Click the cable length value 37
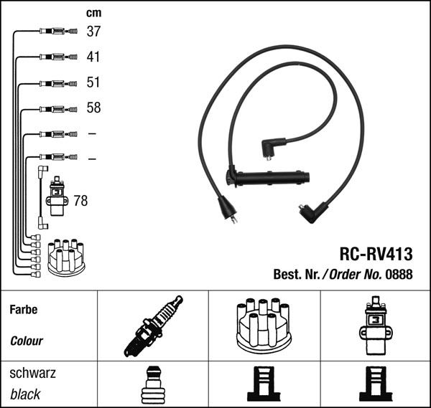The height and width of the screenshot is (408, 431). click(x=93, y=32)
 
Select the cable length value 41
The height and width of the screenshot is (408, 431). click(x=93, y=57)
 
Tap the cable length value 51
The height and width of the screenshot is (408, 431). click(x=93, y=82)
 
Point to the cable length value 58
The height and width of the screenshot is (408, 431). click(x=93, y=108)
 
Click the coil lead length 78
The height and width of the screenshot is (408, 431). click(x=80, y=201)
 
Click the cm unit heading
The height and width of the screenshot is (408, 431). click(x=93, y=13)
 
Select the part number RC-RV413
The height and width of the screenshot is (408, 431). click(x=376, y=254)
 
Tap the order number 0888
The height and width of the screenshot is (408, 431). click(x=399, y=274)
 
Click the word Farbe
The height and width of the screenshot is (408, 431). click(x=24, y=310)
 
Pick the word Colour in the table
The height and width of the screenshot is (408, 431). click(x=27, y=341)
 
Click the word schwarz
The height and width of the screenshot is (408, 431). click(x=33, y=373)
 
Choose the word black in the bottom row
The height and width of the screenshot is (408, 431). click(x=25, y=394)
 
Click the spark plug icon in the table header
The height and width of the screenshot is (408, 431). click(x=154, y=326)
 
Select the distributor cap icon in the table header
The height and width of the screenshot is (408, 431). click(x=264, y=326)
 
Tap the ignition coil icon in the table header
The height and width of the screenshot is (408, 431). click(x=376, y=326)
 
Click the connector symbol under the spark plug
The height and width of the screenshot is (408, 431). click(x=153, y=384)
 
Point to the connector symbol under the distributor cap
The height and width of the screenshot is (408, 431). click(x=264, y=384)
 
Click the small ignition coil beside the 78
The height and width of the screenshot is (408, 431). click(x=57, y=196)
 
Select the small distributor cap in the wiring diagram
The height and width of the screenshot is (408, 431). click(x=66, y=257)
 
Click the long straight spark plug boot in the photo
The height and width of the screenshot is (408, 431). click(x=268, y=178)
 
